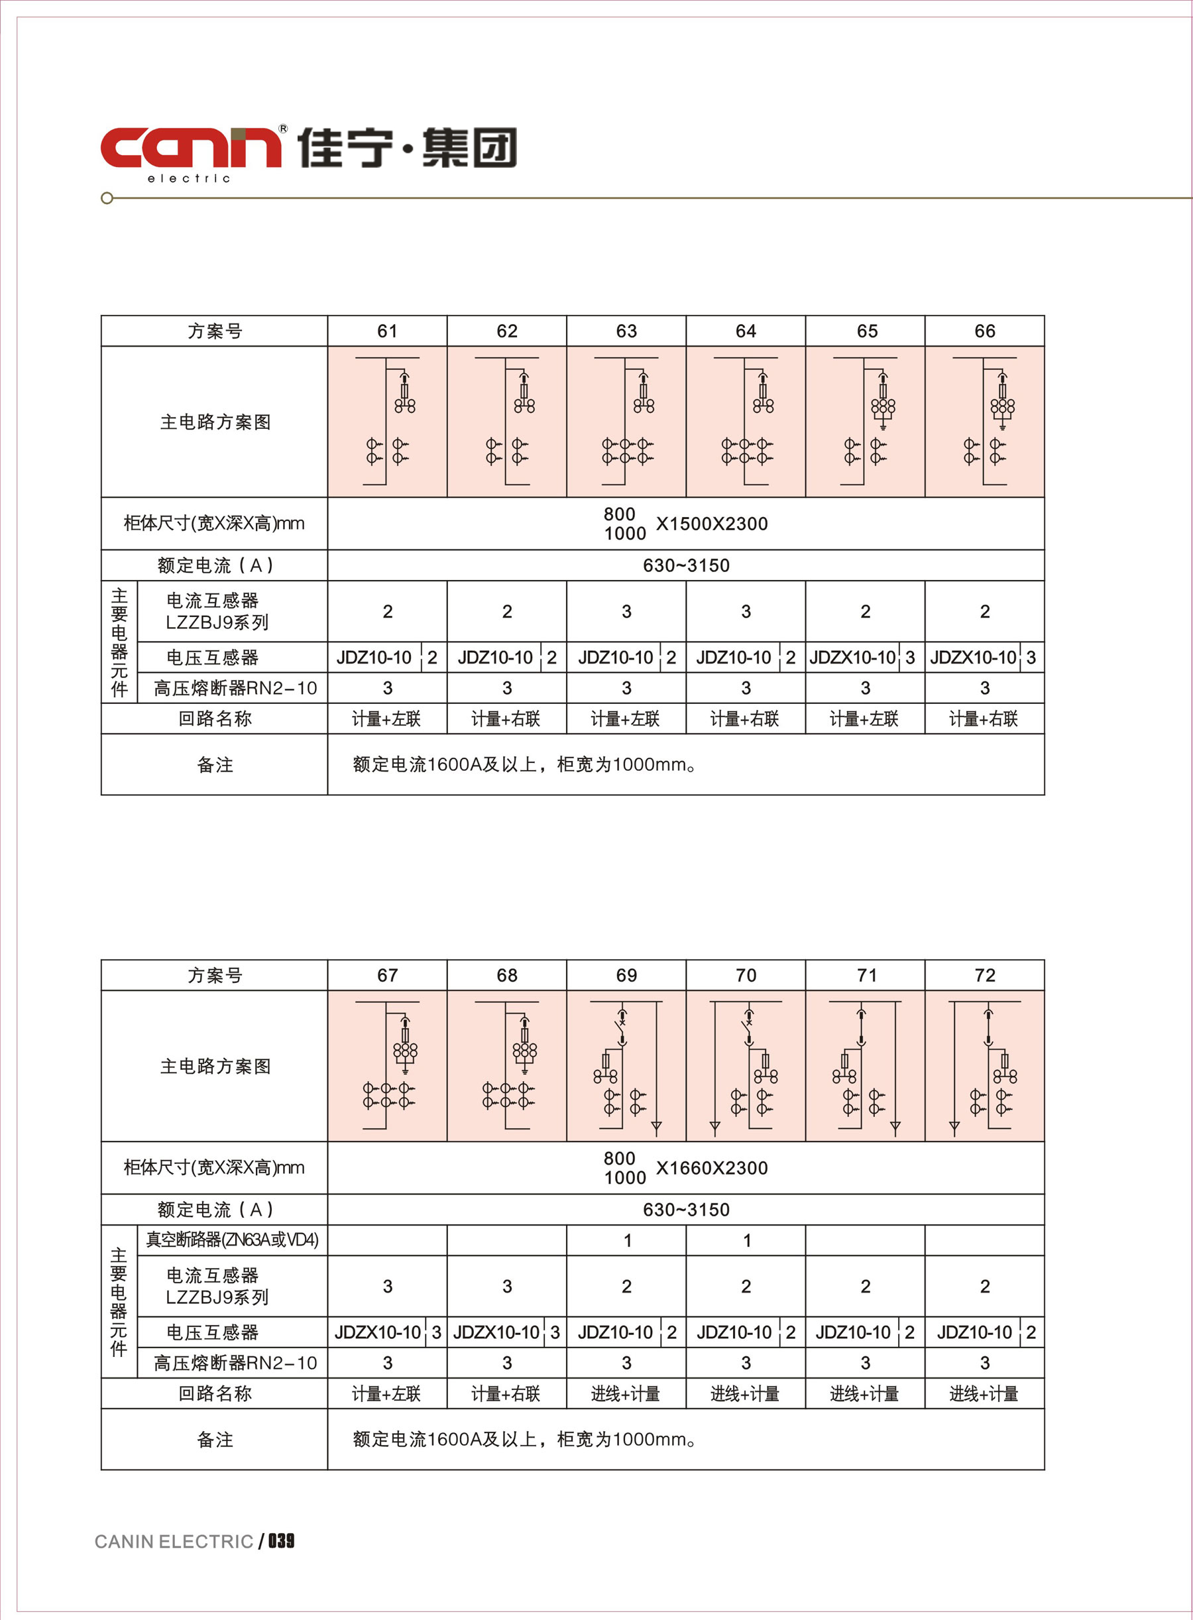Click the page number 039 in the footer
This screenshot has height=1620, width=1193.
tap(282, 1540)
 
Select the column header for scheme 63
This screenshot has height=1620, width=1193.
tap(626, 331)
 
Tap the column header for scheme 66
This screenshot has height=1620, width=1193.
tap(984, 331)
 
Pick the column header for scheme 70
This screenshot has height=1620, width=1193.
tap(745, 975)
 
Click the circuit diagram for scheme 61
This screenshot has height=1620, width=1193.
tap(387, 422)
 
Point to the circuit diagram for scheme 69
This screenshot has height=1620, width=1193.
tap(626, 1066)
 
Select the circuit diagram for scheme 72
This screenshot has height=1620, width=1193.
tap(984, 1066)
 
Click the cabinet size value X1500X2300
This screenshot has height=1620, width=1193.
tap(711, 524)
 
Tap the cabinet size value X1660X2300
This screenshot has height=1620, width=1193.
tap(711, 1168)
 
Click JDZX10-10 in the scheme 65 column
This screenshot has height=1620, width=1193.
tap(852, 658)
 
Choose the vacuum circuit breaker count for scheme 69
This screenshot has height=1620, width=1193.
tap(627, 1240)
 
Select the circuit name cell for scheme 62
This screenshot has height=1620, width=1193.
tap(506, 719)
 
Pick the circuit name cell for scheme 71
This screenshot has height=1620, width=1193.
tap(864, 1393)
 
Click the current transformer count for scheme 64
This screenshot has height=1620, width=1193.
tap(745, 612)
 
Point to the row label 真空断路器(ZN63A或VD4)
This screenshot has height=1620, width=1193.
tap(232, 1240)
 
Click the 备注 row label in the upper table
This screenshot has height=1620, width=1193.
tap(215, 765)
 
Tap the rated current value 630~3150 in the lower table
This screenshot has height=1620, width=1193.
tap(686, 1209)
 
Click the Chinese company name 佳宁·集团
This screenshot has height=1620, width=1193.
tap(408, 147)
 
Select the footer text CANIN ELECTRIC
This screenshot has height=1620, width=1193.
tap(174, 1541)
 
